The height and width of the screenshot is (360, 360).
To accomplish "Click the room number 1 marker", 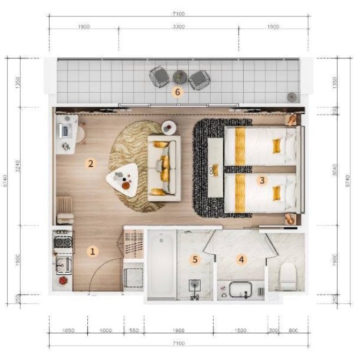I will click(x=93, y=251).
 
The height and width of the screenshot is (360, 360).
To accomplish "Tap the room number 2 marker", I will click(x=91, y=163).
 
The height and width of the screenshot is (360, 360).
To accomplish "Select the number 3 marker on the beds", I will click(x=262, y=179).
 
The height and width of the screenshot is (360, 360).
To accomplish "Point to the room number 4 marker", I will click(x=241, y=260).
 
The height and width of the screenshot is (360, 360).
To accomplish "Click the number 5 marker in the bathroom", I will click(x=195, y=260).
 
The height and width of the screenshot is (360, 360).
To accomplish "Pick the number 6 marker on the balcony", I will click(x=177, y=92).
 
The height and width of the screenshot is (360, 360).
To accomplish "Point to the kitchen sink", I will click(x=63, y=265).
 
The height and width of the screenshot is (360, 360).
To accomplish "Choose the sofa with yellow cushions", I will click(x=163, y=167).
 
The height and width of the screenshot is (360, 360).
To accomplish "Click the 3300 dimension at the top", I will click(x=178, y=26).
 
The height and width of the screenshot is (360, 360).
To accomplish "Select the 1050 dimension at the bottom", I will click(x=67, y=331).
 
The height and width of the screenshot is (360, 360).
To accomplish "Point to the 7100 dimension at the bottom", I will click(x=178, y=343).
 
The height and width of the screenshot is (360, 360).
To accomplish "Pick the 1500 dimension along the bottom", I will click(x=239, y=331).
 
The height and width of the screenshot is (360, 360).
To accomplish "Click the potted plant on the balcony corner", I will click(x=291, y=97).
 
